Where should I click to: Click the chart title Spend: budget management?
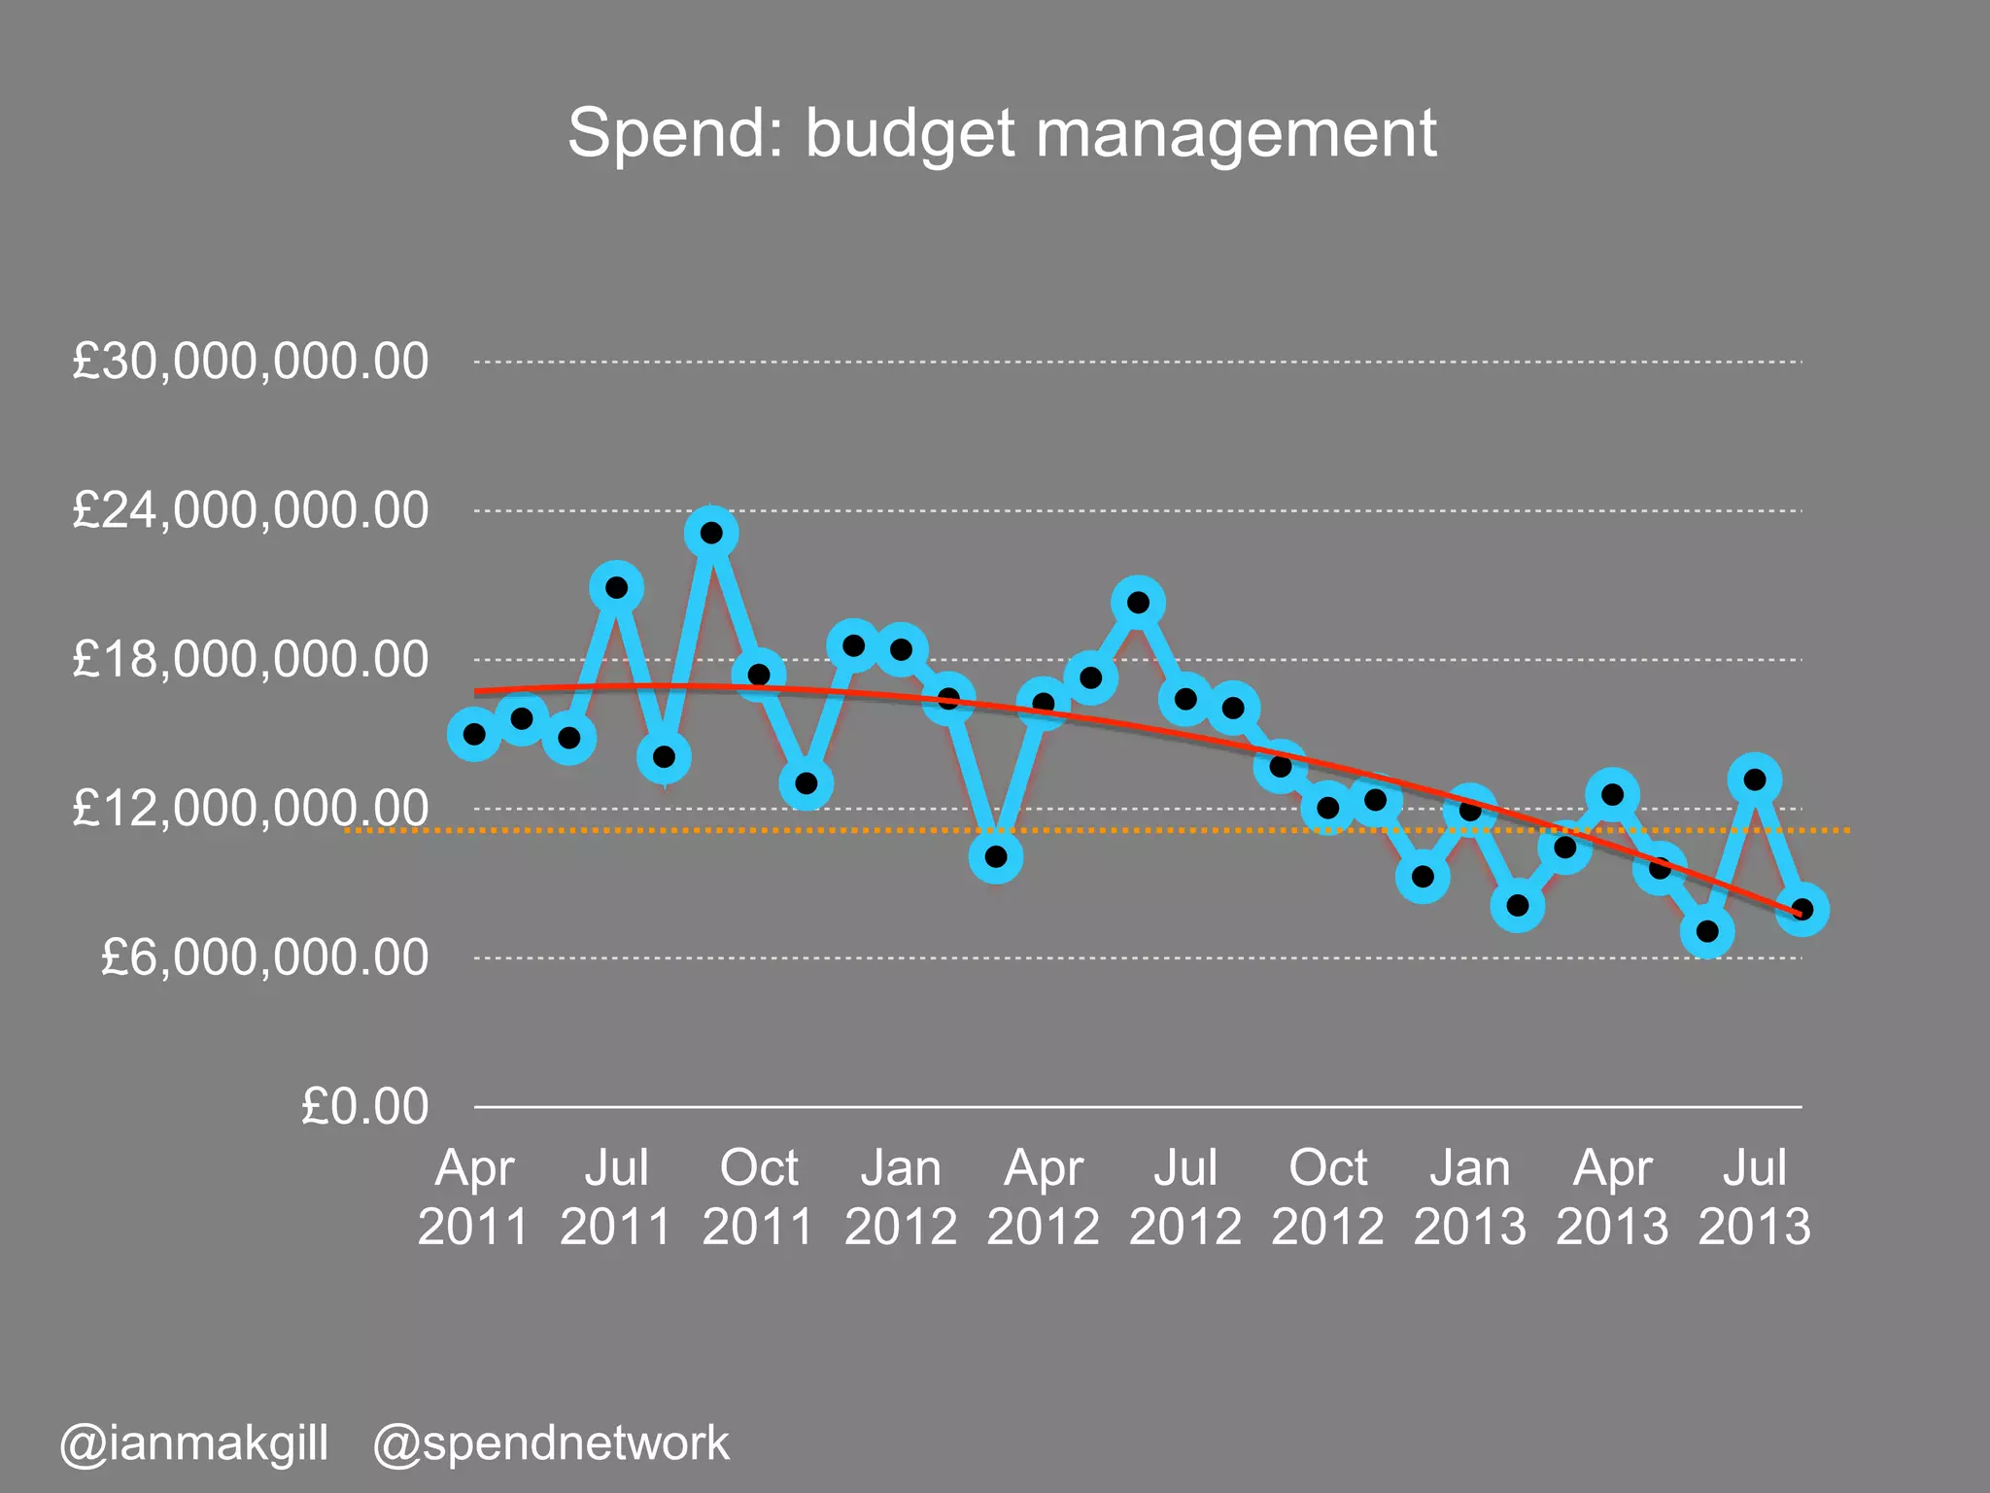tap(1002, 133)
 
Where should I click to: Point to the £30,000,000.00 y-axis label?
tap(250, 362)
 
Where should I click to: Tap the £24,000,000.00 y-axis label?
tap(250, 510)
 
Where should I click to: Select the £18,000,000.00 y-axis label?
tap(250, 660)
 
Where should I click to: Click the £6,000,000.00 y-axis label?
tap(264, 957)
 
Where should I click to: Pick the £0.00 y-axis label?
tap(364, 1106)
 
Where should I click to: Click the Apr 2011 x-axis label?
tap(473, 1197)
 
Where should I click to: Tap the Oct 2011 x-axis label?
tap(758, 1197)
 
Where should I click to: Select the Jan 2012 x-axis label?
tap(901, 1197)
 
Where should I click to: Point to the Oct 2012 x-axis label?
tap(1327, 1197)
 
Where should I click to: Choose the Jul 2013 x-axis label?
tap(1754, 1197)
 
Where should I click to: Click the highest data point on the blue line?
tap(711, 533)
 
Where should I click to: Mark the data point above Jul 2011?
tap(616, 587)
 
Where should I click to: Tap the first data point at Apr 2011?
tap(474, 734)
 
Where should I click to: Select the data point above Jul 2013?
tap(1755, 779)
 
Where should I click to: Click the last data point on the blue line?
tap(1801, 910)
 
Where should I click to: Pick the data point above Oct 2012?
tap(1328, 807)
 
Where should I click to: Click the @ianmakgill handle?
tap(194, 1443)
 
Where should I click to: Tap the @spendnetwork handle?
tap(551, 1443)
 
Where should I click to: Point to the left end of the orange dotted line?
tap(348, 830)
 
